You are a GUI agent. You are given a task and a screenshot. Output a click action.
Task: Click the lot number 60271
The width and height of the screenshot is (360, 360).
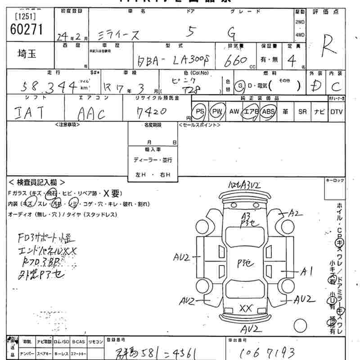26,29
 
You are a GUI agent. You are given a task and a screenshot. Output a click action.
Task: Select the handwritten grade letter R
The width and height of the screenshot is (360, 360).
331,47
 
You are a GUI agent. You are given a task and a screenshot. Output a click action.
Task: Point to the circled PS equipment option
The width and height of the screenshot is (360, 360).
199,111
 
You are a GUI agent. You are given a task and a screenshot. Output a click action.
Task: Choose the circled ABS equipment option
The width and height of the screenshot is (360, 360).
268,111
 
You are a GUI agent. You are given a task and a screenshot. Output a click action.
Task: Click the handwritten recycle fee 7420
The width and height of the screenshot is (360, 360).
152,111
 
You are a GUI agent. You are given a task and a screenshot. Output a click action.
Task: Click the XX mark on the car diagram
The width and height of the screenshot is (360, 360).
245,308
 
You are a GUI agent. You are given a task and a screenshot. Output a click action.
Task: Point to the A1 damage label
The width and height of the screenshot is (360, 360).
307,271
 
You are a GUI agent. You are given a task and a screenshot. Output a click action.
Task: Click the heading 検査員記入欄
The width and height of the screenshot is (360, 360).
37,182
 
